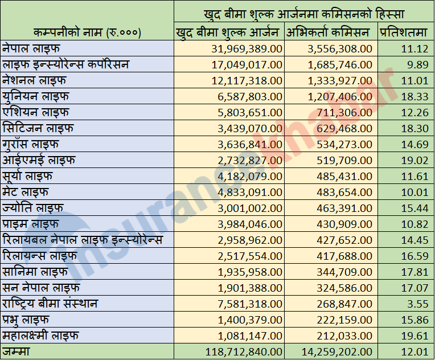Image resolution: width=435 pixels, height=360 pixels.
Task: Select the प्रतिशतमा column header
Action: pos(404,32)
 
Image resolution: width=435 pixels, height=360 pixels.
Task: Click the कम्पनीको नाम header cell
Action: pos(87,32)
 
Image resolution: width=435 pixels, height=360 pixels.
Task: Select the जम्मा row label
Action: pos(17,352)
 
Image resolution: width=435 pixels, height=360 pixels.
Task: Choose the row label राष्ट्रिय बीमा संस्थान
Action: pos(50,304)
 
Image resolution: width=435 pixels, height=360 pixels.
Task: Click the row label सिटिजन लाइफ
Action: pos(38,128)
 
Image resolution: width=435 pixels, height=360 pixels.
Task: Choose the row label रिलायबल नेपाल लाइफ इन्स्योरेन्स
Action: pos(83,239)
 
